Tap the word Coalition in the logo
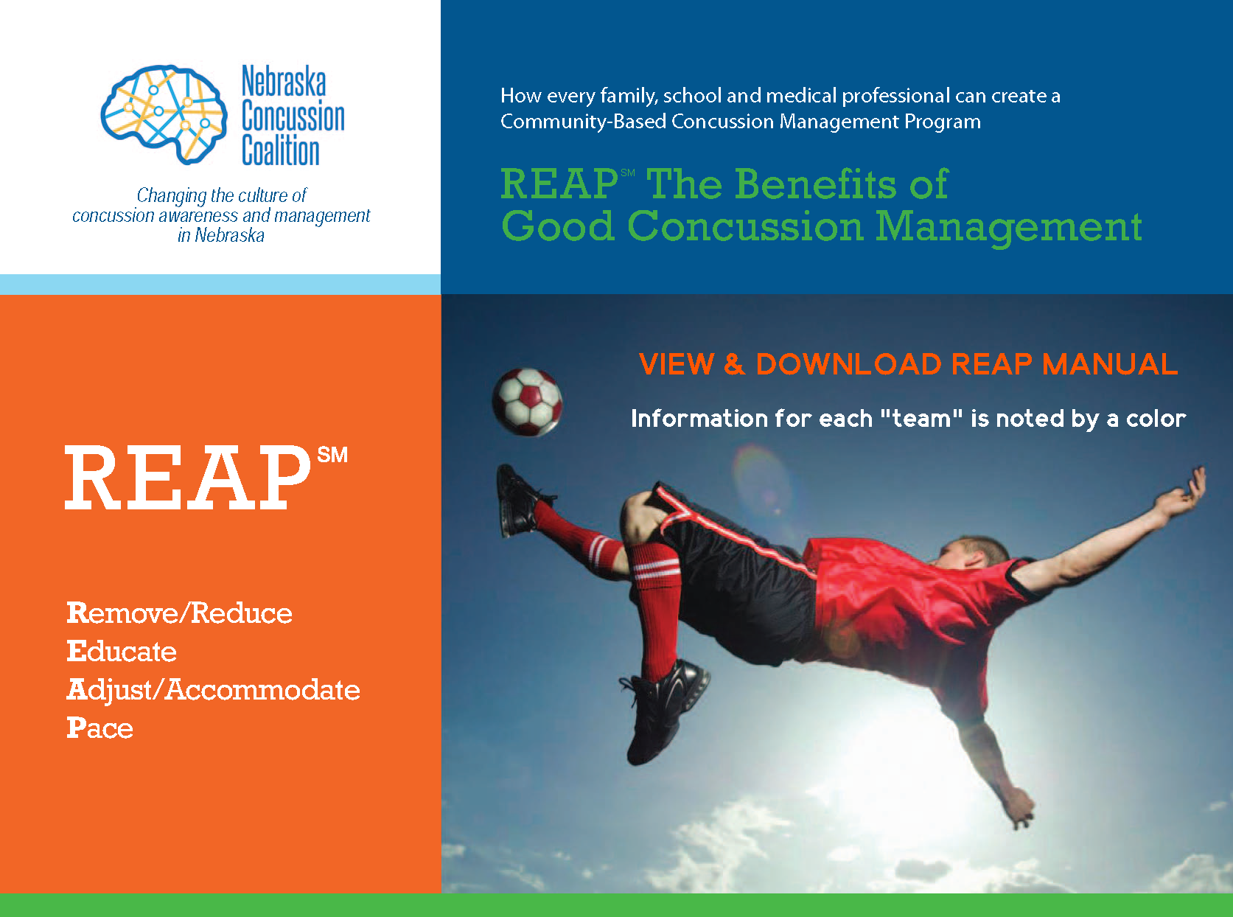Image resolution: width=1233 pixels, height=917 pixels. (281, 150)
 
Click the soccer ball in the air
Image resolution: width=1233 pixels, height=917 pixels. (527, 402)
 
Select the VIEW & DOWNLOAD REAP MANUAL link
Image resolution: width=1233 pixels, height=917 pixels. (908, 364)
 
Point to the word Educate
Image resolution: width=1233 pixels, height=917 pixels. (122, 652)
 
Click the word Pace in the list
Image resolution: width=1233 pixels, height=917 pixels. (100, 728)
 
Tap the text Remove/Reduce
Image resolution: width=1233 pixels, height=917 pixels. (179, 613)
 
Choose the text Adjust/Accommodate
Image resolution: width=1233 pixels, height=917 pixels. (213, 690)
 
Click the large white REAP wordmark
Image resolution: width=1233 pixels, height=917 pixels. (188, 478)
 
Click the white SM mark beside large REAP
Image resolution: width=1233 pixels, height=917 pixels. (332, 455)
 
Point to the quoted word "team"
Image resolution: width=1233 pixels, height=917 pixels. (922, 419)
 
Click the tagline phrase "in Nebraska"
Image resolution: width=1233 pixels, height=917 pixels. (220, 236)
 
